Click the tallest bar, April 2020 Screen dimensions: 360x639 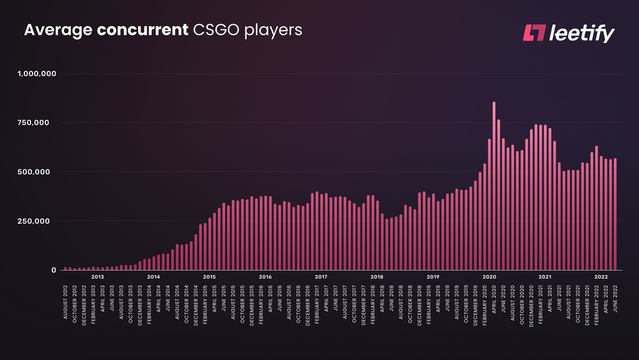tap(494, 185)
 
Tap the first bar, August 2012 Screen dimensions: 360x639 tap(65, 269)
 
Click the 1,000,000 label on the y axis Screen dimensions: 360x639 tap(37, 74)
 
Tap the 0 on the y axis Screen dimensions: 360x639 tap(54, 270)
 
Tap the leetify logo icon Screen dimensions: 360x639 tap(532, 33)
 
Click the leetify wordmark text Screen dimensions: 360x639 tap(581, 33)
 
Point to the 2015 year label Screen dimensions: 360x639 tap(209, 278)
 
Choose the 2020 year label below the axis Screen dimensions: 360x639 tap(489, 278)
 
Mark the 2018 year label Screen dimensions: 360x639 tap(377, 278)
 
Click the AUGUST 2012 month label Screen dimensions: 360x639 tap(66, 301)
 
